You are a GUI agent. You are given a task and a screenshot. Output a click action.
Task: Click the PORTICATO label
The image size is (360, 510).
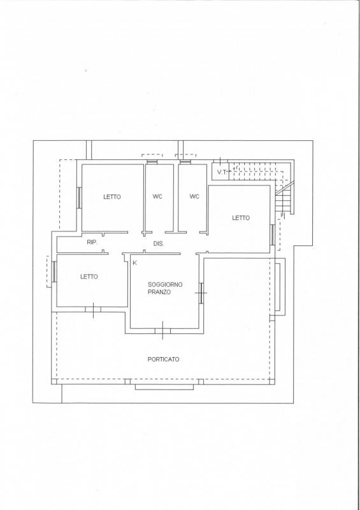coord(163,360)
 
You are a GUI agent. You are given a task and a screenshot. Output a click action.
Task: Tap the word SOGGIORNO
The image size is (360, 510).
coord(165,284)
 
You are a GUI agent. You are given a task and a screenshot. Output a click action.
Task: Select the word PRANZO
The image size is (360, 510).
coord(159,292)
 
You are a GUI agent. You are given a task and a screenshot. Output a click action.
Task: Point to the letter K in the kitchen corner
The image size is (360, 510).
coord(134,263)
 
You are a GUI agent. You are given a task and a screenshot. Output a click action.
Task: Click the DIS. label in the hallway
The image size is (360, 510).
coord(159,244)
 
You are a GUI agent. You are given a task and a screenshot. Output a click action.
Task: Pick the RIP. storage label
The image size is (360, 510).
coord(92,242)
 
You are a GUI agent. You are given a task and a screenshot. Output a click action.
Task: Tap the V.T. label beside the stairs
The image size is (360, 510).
coord(222,172)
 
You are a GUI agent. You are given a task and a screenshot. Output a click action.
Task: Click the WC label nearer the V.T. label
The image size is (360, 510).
coord(194,196)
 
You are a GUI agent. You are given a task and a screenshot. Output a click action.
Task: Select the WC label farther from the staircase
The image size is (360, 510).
coord(157,196)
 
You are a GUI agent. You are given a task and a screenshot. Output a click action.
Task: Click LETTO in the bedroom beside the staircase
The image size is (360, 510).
coord(241,218)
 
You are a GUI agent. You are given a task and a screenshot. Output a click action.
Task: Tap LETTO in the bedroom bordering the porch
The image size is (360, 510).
coord(89,277)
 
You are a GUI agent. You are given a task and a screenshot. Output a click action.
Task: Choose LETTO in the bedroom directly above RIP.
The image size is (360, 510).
coord(112,197)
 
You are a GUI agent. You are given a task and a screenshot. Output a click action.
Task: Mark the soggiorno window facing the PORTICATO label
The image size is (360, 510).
coord(162,331)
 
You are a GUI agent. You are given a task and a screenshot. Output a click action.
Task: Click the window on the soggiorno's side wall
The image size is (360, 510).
coord(201,293)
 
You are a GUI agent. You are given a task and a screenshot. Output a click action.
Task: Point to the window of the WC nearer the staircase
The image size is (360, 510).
coord(185,162)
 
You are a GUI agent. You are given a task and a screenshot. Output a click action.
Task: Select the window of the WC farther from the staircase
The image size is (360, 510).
coord(152,162)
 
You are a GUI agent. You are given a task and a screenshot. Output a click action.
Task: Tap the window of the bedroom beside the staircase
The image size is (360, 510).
coord(272,235)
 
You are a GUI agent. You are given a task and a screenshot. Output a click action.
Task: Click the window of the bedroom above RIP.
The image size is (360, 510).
coord(79,198)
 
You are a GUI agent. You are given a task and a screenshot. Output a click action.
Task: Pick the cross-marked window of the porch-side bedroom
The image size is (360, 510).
coord(93,309)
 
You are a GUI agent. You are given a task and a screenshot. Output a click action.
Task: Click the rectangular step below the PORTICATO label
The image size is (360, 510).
coord(164,387)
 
